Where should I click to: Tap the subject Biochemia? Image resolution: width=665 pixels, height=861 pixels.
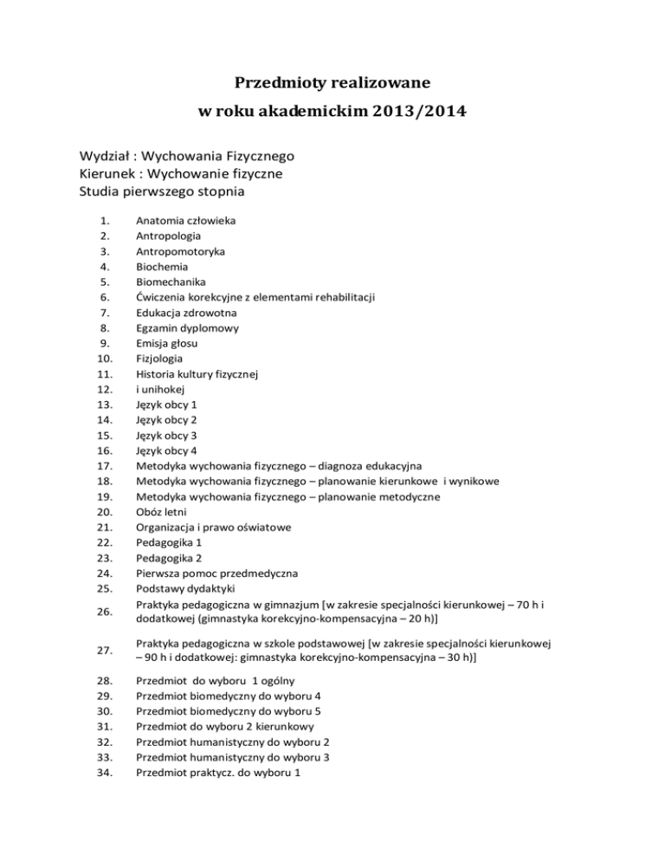coord(161,267)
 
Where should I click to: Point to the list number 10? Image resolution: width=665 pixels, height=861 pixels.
coord(103,358)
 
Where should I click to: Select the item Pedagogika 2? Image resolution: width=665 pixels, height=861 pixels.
coord(168,557)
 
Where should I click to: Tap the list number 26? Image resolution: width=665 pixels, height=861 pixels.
coord(103,611)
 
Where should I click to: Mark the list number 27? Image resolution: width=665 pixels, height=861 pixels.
coord(103,650)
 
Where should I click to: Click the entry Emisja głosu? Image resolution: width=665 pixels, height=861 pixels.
coord(166,343)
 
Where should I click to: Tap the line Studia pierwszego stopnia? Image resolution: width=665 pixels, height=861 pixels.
coord(165,191)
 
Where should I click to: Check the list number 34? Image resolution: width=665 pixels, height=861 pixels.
coord(103,772)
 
